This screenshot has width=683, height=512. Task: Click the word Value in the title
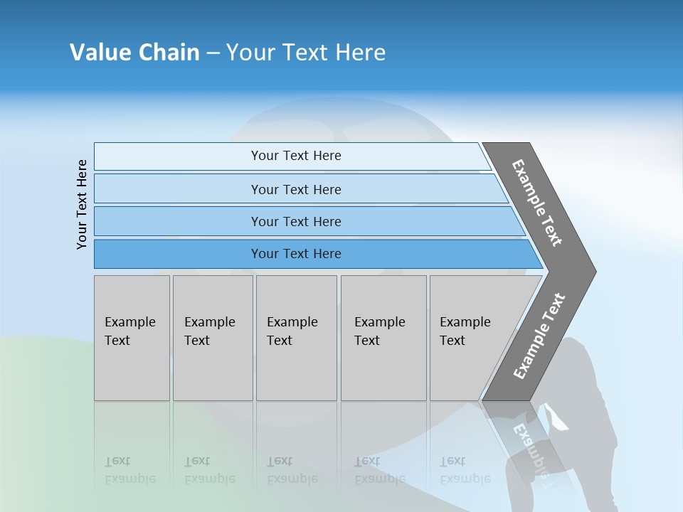(100, 53)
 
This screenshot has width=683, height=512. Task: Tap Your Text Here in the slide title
(306, 53)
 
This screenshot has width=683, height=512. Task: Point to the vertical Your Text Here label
(82, 204)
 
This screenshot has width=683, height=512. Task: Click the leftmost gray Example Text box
(132, 338)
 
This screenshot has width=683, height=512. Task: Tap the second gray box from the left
(213, 338)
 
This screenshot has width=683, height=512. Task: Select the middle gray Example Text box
(296, 338)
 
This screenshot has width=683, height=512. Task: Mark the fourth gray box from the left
(383, 338)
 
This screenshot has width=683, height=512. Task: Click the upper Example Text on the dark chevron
(537, 203)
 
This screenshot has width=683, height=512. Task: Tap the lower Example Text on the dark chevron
(539, 336)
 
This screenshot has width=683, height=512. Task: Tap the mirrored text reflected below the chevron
(530, 448)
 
